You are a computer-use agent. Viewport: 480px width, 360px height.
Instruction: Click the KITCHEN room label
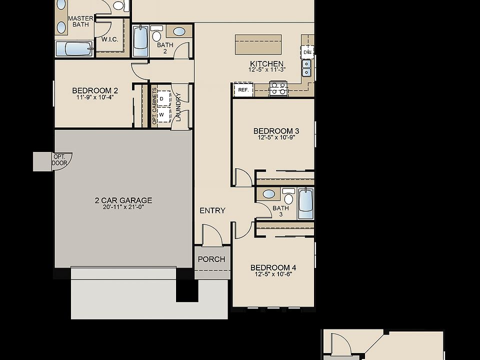(266, 64)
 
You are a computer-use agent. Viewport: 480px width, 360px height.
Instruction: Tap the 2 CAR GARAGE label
(123, 200)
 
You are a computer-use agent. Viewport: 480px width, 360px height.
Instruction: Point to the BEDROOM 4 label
(273, 267)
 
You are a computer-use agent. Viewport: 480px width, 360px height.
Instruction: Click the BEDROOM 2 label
(95, 90)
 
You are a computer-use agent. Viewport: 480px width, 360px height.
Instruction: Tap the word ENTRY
(212, 210)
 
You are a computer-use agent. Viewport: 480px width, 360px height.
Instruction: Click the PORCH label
(211, 259)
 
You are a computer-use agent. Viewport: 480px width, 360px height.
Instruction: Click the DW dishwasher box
(307, 52)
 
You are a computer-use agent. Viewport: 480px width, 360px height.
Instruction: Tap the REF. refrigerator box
(243, 90)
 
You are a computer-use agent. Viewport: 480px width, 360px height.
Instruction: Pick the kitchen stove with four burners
(278, 88)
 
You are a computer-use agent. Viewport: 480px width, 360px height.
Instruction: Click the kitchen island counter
(258, 44)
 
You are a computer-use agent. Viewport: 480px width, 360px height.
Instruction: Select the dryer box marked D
(161, 98)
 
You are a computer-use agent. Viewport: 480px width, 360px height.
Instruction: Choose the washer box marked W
(161, 114)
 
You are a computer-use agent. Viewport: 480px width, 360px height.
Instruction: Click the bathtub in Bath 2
(140, 41)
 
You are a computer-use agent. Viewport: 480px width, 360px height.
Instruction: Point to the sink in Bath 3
(268, 194)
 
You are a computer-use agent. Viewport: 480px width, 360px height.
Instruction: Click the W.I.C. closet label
(109, 38)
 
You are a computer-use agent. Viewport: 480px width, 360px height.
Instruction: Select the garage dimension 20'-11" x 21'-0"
(123, 207)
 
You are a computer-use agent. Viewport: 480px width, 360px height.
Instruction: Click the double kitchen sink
(306, 67)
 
